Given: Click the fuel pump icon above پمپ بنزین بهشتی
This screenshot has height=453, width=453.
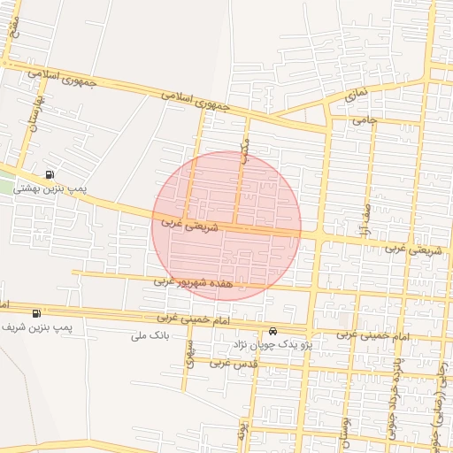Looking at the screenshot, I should tap(49, 173).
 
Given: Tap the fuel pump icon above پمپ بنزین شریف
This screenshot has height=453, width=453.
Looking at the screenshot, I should tap(36, 313).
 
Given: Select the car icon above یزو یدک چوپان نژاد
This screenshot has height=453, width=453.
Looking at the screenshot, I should tap(272, 332).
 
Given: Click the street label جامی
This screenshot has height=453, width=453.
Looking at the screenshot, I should tap(365, 119).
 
